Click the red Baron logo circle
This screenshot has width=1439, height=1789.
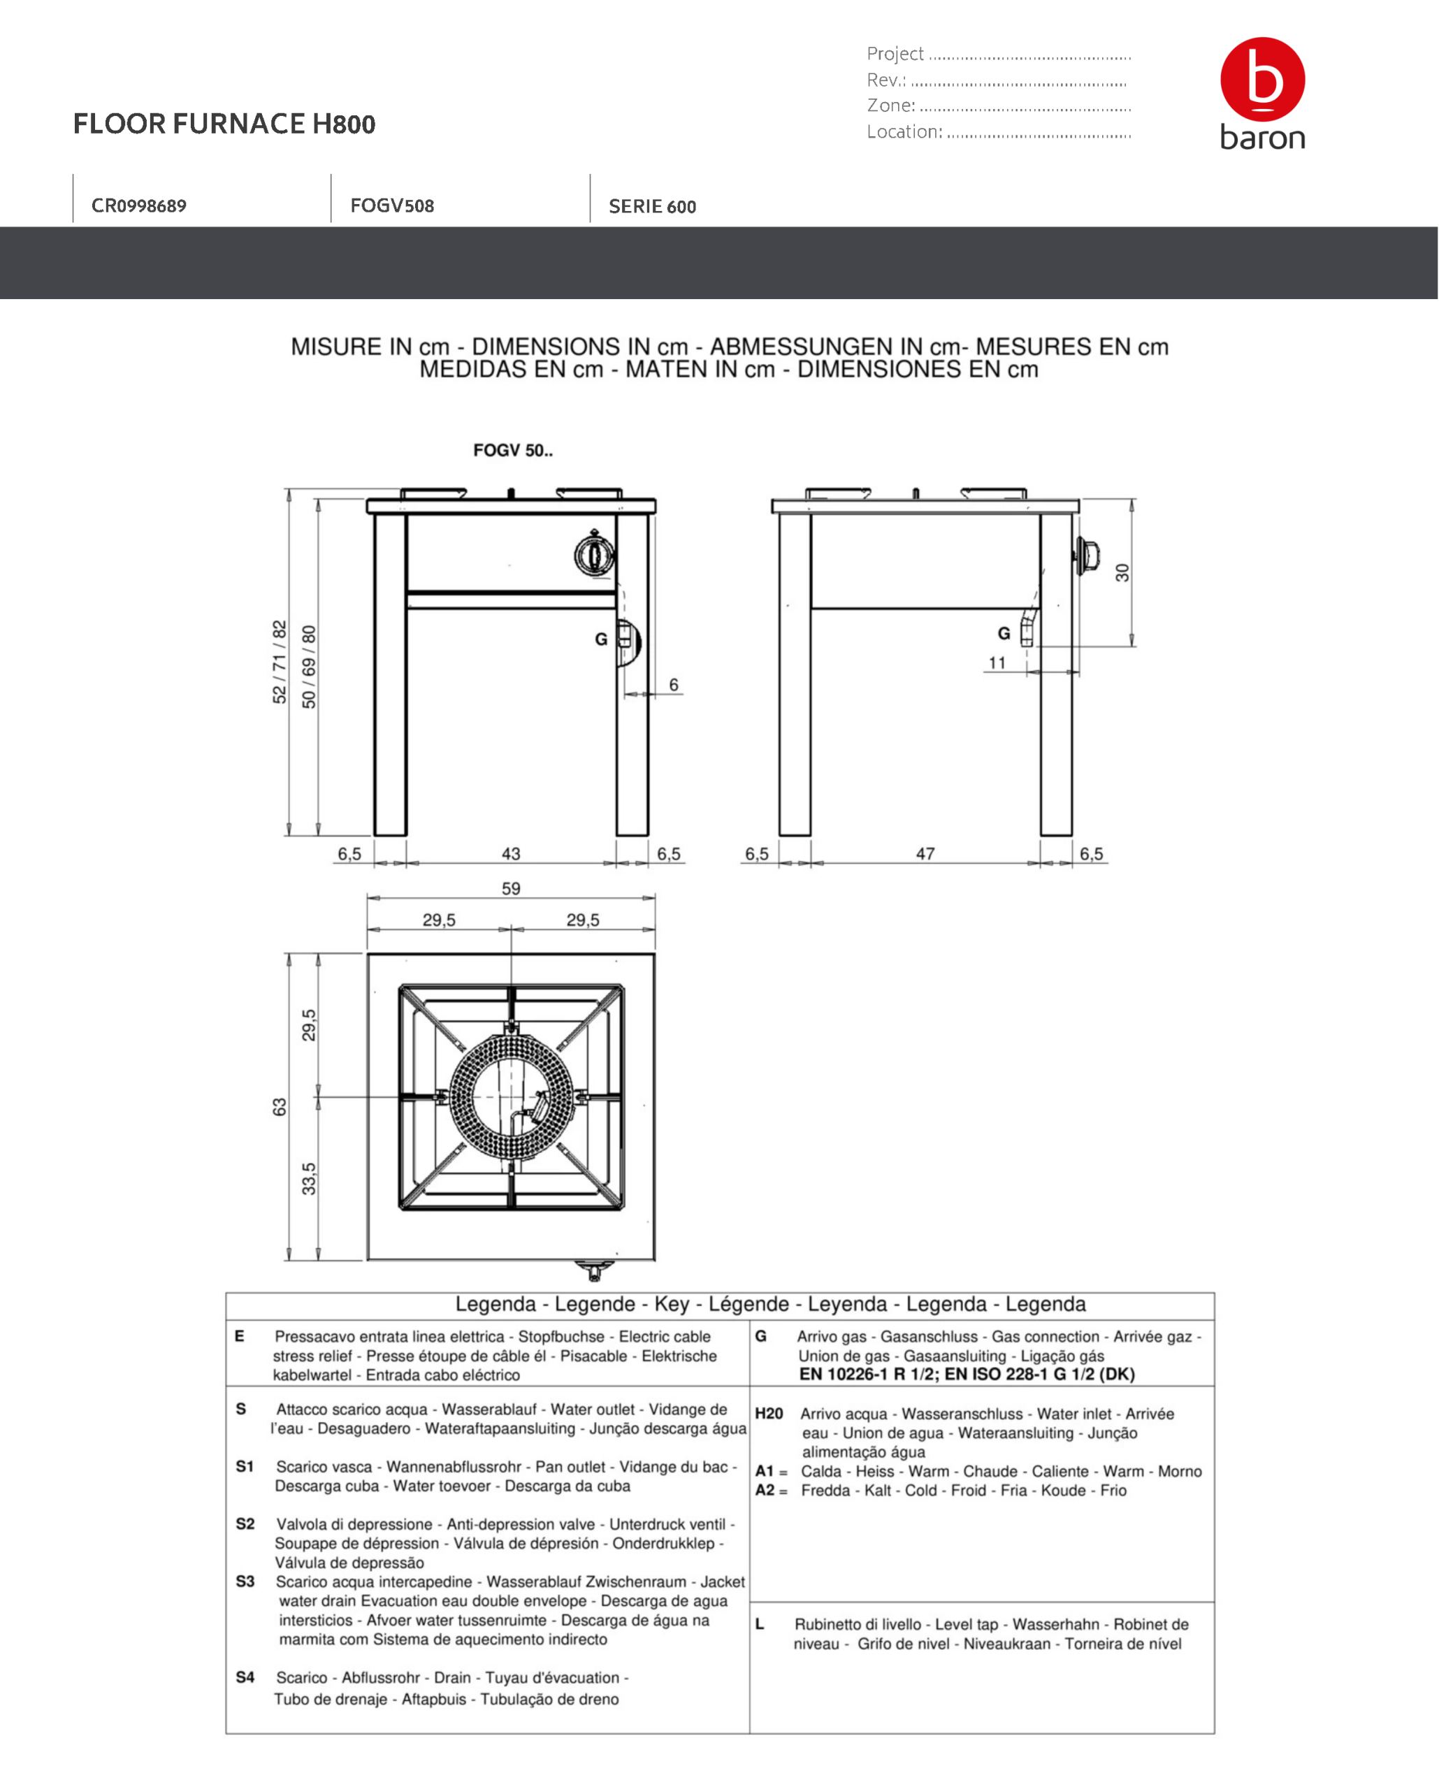point(1261,79)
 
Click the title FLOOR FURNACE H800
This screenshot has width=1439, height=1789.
point(224,124)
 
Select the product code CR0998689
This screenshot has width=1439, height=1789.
point(138,205)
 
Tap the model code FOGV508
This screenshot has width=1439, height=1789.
point(391,205)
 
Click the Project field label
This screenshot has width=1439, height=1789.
point(895,54)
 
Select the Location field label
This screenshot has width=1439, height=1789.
point(904,131)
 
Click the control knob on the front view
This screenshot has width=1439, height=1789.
point(594,554)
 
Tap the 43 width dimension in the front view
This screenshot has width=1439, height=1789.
point(511,854)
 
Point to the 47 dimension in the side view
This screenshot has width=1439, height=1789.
point(925,854)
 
